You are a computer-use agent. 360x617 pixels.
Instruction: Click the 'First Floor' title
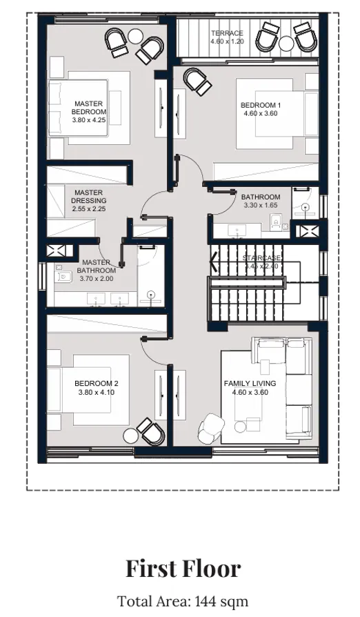tap(183, 569)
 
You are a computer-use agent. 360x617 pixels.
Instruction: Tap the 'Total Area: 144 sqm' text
tap(183, 600)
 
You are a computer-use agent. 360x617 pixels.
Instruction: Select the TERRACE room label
tap(226, 33)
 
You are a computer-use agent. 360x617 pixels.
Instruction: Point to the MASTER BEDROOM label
tap(89, 108)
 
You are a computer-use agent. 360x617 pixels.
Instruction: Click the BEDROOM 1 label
tap(260, 106)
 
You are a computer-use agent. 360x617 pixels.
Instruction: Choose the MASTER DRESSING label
tap(88, 197)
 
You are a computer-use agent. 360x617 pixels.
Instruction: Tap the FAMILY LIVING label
tap(250, 383)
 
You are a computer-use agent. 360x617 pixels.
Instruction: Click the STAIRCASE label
tap(261, 257)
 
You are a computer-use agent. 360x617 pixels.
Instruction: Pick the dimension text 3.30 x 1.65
tap(260, 206)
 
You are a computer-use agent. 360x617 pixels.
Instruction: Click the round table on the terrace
tap(286, 43)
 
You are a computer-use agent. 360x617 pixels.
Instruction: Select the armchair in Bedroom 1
tap(198, 81)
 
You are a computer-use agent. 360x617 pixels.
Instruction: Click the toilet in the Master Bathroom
tap(63, 276)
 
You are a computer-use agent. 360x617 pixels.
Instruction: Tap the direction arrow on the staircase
tap(214, 261)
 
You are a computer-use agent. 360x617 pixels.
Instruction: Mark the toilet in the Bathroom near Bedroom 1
tap(276, 221)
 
